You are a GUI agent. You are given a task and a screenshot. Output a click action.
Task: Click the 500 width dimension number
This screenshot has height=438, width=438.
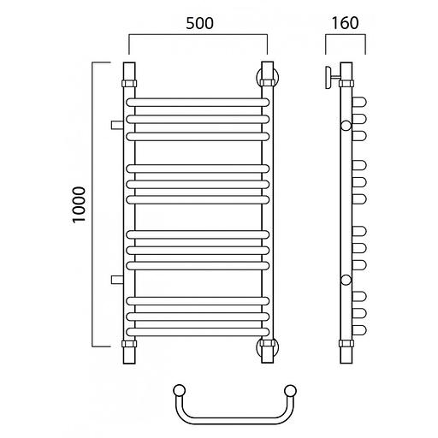pos(199,23)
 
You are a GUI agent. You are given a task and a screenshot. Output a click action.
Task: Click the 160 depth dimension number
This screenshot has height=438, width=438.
pos(345,23)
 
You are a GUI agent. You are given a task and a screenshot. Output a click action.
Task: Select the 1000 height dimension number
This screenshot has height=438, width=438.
pos(79,204)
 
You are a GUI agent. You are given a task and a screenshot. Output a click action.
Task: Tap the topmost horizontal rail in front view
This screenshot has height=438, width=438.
pos(198,103)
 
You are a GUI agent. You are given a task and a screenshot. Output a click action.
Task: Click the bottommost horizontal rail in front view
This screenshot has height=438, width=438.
pos(198,332)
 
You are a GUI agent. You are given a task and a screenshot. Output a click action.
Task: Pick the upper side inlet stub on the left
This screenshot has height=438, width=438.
pos(117,125)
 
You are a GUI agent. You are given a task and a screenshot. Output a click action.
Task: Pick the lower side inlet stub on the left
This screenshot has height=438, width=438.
pos(117,280)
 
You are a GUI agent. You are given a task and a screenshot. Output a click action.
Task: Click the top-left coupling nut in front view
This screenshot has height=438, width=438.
pos(129,84)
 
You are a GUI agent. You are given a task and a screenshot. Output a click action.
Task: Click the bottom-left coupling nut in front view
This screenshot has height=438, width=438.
pos(129,344)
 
